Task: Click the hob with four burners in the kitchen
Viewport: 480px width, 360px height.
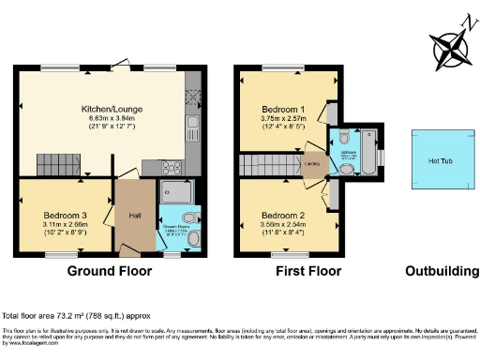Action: [174, 168]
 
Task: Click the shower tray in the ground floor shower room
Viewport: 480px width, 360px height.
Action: [176, 194]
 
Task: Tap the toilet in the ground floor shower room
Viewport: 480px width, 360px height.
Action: [192, 239]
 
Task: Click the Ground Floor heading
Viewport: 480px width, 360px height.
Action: [110, 272]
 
